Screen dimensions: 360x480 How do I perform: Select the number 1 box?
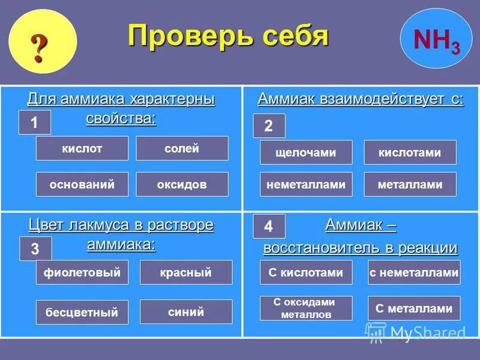35,122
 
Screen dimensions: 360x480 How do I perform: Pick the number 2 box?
268,126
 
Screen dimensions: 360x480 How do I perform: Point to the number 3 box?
35,248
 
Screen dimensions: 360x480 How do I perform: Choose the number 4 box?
268,226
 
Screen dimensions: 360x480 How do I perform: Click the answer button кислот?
82,148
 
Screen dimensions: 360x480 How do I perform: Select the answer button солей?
182,148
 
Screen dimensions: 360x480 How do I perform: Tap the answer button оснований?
82,184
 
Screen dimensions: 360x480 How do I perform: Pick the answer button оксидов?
182,184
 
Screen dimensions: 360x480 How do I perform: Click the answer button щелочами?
306,152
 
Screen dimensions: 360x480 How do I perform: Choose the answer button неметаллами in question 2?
306,185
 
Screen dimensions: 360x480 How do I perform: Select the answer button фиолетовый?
82,272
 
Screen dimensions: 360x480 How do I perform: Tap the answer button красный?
186,272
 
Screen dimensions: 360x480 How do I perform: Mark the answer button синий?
186,311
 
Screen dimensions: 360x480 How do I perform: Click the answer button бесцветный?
82,312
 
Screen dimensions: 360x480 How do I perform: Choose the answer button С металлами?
414,308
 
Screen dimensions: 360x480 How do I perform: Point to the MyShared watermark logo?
415,332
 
